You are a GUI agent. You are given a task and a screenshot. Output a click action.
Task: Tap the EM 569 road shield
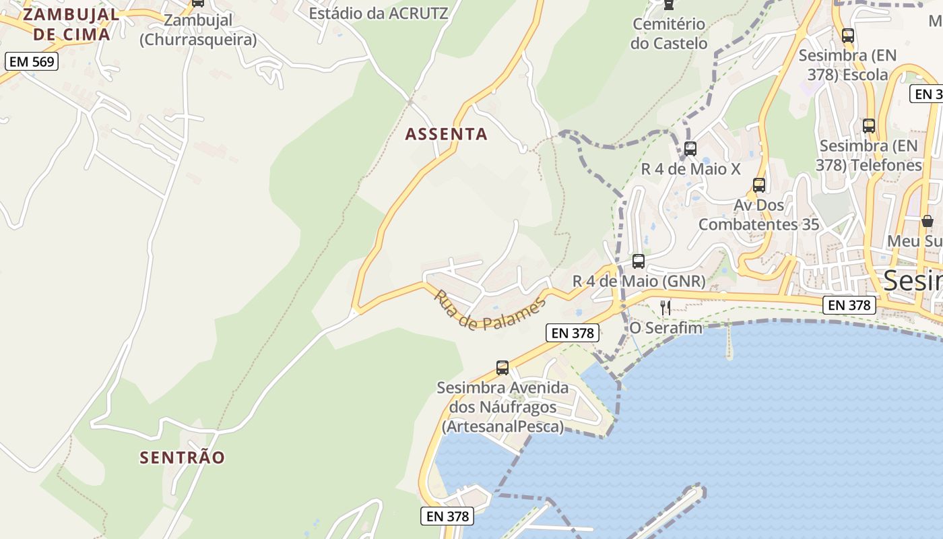pos(32,62)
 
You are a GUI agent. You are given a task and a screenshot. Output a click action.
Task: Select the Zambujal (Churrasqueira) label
pos(198,30)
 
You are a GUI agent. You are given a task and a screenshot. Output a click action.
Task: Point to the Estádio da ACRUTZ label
pos(378,13)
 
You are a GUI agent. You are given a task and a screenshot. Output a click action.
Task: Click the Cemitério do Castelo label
pos(669,34)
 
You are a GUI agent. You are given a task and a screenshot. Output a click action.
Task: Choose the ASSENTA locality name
pos(446,134)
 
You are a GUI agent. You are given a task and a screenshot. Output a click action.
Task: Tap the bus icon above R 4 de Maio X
pos(690,149)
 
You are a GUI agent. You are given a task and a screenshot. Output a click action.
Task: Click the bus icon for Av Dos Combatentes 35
pos(759,185)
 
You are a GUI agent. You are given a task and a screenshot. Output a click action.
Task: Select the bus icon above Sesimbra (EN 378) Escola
pos(847,36)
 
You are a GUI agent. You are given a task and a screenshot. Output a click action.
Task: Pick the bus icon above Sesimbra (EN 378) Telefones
pos(868,125)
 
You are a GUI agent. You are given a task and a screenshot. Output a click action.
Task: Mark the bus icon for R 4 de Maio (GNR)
pos(638,261)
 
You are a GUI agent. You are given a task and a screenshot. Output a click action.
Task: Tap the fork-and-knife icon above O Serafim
pos(665,308)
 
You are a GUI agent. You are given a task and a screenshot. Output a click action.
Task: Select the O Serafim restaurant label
pos(665,328)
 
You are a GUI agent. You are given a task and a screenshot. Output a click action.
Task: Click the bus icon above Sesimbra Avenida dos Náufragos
pos(502,367)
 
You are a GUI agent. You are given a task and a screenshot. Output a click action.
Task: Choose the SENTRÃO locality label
pos(182,457)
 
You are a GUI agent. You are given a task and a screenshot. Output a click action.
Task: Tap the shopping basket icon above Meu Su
pos(927,221)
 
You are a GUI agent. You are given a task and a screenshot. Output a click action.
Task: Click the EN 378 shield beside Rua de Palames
pos(573,333)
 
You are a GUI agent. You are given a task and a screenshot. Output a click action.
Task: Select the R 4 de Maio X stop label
pos(690,169)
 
